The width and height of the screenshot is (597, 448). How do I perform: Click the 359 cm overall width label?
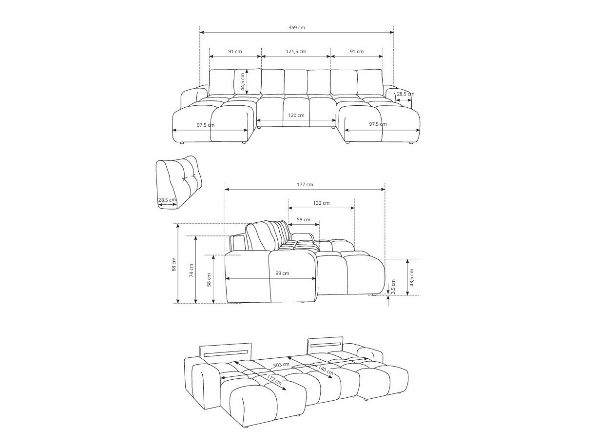(296, 28)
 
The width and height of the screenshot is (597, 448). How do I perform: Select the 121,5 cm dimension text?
(296, 51)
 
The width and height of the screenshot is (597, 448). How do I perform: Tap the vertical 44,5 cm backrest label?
(242, 81)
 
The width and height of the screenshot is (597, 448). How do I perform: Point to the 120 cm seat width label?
(296, 116)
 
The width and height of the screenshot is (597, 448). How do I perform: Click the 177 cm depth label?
(305, 184)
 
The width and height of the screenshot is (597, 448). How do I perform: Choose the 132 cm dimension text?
(321, 203)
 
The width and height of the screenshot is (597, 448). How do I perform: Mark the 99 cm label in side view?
(282, 273)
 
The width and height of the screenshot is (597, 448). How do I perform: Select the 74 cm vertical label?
(191, 271)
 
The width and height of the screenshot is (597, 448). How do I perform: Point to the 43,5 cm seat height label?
(412, 277)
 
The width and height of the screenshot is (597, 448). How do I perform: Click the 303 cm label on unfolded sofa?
(281, 365)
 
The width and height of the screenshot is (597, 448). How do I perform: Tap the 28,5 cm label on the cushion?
(167, 200)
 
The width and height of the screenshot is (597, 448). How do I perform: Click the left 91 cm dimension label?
(235, 51)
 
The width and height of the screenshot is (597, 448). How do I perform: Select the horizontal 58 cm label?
(303, 219)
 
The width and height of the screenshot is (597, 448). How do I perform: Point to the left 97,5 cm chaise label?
(205, 125)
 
